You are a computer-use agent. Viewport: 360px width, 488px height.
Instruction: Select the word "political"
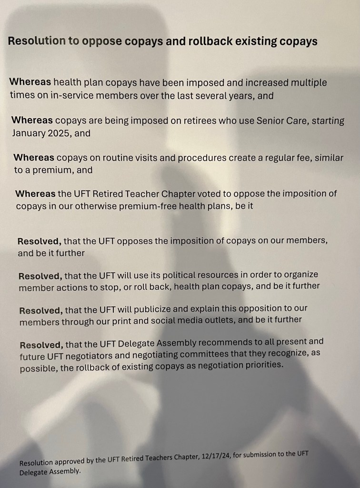click(x=174, y=275)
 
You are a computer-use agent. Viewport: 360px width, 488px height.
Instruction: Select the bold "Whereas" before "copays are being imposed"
click(x=32, y=121)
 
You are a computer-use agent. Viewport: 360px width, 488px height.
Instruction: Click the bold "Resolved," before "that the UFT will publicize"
click(x=40, y=310)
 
